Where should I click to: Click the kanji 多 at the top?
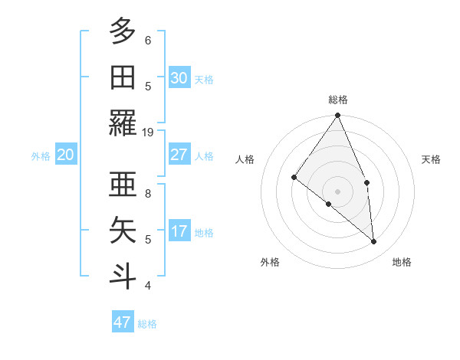(123, 32)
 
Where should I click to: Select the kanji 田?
(123, 77)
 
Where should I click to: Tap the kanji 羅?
(123, 123)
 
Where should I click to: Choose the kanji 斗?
(123, 275)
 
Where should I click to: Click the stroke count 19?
(148, 133)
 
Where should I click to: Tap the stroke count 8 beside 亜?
(148, 194)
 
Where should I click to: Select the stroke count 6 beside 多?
(148, 41)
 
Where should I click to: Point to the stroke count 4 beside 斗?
(148, 286)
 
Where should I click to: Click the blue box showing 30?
(179, 78)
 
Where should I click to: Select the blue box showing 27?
(179, 155)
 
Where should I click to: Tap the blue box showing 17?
(179, 231)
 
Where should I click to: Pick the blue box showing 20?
(65, 155)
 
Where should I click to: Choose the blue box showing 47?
(123, 322)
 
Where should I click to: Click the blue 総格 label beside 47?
(147, 324)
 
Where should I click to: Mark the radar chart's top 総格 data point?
(337, 116)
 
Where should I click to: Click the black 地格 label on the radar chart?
(402, 262)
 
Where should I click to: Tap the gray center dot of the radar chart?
(337, 191)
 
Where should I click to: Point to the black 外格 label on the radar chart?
(270, 262)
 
